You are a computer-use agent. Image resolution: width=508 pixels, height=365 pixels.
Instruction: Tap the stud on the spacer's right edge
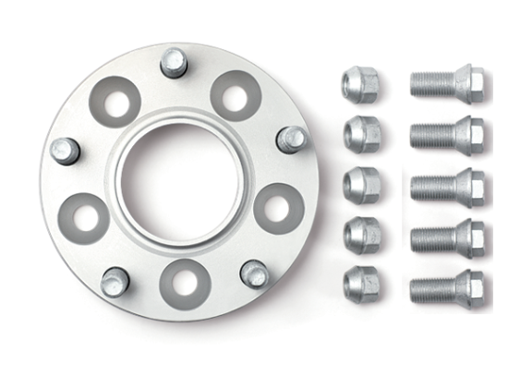pyautogui.click(x=291, y=140)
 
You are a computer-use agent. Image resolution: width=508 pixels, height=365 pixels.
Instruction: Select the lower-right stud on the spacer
pyautogui.click(x=253, y=274)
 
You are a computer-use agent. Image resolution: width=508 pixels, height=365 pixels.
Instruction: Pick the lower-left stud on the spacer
pyautogui.click(x=115, y=281)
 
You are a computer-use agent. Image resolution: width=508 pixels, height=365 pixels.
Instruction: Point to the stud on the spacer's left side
pyautogui.click(x=65, y=150)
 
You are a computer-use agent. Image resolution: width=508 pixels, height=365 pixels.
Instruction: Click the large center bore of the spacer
pyautogui.click(x=179, y=176)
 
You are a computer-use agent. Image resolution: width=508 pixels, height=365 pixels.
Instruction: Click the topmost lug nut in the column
pyautogui.click(x=360, y=85)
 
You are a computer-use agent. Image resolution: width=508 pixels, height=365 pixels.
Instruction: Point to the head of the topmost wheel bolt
pyautogui.click(x=471, y=85)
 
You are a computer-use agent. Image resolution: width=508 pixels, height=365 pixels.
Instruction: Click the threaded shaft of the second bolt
pyautogui.click(x=434, y=136)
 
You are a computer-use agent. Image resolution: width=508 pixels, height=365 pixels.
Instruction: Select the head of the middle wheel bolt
pyautogui.click(x=471, y=186)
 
